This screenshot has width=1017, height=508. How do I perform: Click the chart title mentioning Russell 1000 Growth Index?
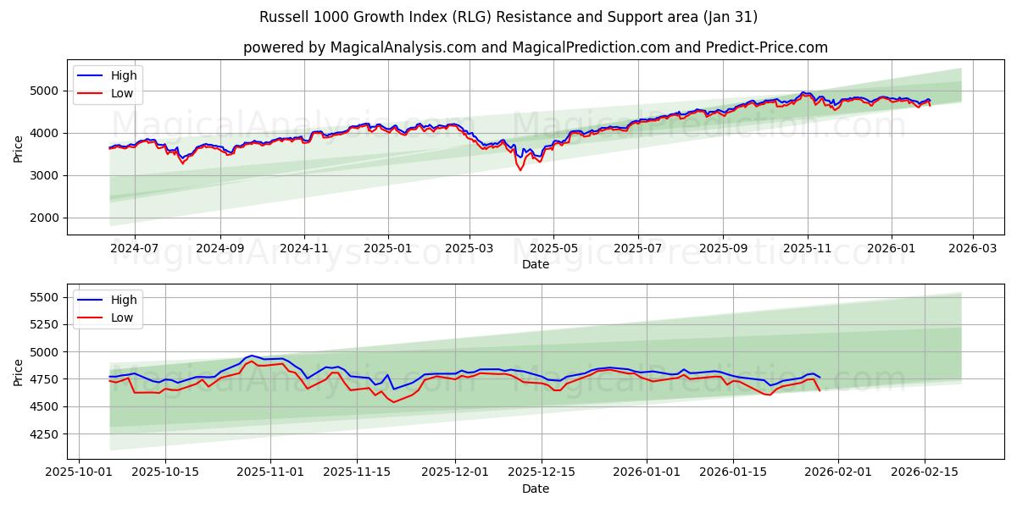click(508, 17)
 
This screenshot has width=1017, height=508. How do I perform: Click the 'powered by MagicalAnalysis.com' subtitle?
click(535, 47)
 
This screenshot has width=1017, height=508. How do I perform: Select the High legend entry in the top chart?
click(124, 75)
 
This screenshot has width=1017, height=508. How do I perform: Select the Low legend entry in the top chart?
click(122, 93)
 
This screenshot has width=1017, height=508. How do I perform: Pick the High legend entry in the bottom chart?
click(124, 300)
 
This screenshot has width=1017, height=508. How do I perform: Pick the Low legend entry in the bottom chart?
click(122, 317)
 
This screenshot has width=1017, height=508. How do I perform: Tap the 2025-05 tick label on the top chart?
click(553, 249)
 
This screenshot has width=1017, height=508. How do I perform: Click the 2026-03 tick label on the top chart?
click(972, 249)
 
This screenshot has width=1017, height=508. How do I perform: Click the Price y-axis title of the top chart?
click(19, 147)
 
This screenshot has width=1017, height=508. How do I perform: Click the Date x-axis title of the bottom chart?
click(535, 489)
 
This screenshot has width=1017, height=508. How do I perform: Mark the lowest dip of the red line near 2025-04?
click(520, 170)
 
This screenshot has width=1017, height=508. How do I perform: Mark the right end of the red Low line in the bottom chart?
click(820, 390)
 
